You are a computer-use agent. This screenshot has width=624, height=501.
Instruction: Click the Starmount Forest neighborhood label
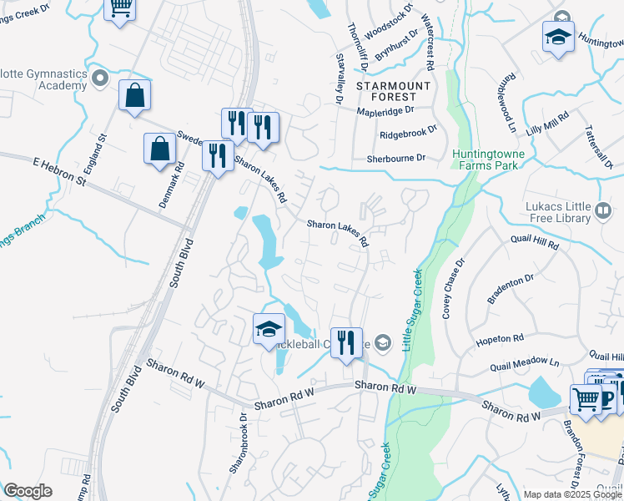pyautogui.click(x=393, y=91)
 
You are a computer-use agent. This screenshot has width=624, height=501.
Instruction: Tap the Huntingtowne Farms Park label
pyautogui.click(x=485, y=159)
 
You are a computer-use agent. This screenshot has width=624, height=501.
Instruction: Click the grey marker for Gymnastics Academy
pyautogui.click(x=100, y=79)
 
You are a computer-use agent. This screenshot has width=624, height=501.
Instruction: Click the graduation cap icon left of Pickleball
pyautogui.click(x=269, y=329)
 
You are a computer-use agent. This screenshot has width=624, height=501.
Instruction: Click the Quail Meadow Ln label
pyautogui.click(x=524, y=362)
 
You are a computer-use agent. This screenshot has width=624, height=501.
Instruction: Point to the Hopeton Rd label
pyautogui.click(x=499, y=340)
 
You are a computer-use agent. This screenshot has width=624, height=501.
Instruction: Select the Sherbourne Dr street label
pyautogui.click(x=395, y=158)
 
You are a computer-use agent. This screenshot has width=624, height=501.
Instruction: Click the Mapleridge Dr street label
pyautogui.click(x=385, y=109)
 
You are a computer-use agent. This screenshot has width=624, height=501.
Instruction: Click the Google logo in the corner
pyautogui.click(x=28, y=491)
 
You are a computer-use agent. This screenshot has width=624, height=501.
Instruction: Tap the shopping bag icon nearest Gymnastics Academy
pyautogui.click(x=134, y=97)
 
